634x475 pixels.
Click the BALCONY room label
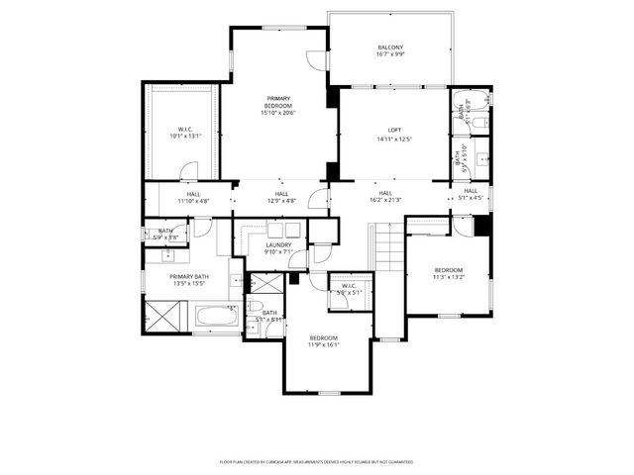point(390,47)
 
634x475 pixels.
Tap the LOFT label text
point(394,131)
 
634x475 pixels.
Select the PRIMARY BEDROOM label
point(278,102)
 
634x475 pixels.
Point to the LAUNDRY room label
point(278,244)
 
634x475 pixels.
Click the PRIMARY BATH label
point(188,277)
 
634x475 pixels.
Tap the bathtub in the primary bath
point(214,318)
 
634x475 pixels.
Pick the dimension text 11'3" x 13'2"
point(448,278)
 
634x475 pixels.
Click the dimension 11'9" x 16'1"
point(323,345)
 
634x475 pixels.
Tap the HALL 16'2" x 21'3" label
point(385,197)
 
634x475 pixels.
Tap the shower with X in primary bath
point(161,318)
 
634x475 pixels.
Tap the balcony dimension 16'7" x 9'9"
point(390,54)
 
